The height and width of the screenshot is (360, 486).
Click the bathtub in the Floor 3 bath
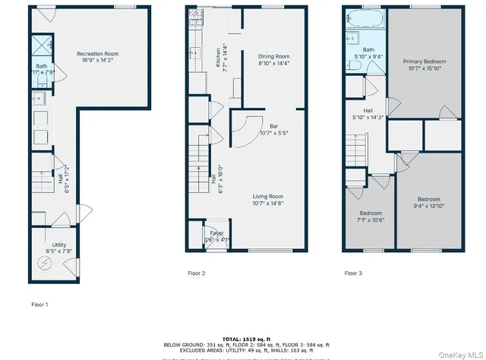[x=355, y=17]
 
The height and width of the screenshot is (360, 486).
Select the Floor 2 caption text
[x=197, y=273]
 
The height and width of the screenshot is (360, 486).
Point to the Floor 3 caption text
[x=353, y=273]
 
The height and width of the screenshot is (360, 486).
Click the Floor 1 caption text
[x=39, y=304]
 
